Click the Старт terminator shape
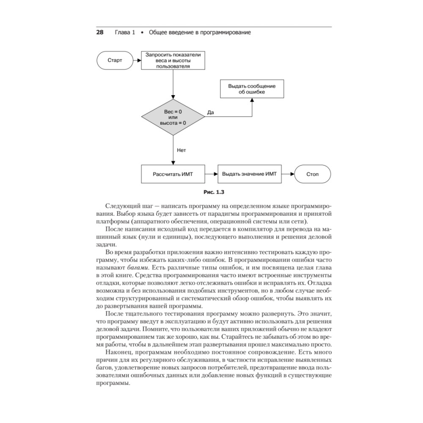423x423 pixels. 115,60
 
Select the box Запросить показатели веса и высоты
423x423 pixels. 173,60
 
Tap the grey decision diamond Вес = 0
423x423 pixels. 173,117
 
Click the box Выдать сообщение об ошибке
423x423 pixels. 252,89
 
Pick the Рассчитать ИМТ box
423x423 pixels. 173,174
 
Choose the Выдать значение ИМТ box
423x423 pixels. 250,174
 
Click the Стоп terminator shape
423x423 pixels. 313,174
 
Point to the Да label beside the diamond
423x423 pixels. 211,113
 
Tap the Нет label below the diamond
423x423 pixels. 181,150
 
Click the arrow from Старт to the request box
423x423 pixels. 137,60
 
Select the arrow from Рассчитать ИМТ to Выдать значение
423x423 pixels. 211,174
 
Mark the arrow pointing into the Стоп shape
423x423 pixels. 288,174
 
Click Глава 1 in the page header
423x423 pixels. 125,32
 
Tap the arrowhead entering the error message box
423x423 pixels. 252,101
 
